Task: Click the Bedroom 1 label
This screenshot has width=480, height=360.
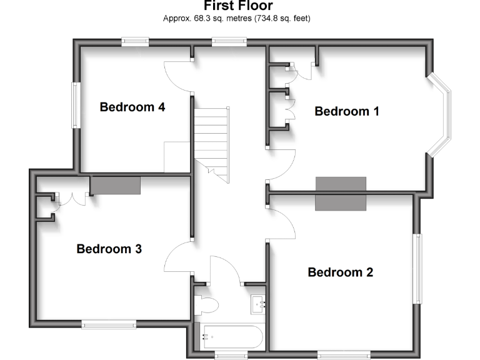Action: point(347,111)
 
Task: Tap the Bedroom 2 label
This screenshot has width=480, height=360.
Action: point(341,272)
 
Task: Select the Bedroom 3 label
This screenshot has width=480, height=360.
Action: point(109,249)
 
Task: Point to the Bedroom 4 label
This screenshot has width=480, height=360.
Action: point(132,107)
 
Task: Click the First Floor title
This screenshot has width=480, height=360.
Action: point(237,6)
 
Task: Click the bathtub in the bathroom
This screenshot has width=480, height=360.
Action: point(231,337)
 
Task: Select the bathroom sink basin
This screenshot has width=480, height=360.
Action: point(258,304)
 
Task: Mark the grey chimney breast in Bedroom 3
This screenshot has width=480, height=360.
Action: point(115,185)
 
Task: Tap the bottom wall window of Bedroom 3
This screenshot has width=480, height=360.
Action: point(108,323)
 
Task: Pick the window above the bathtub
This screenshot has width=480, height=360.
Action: point(231,355)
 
